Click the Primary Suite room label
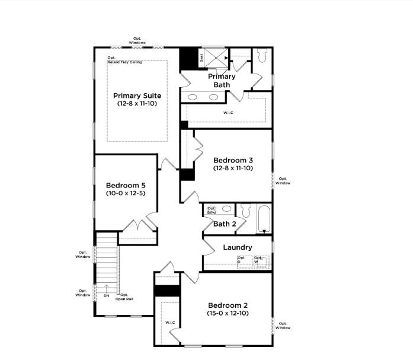[x=137, y=95]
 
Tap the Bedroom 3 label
[x=233, y=160]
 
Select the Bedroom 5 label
[x=126, y=186]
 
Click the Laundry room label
[x=237, y=247]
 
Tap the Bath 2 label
[x=225, y=224]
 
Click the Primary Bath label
[x=222, y=81]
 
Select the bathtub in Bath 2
[x=264, y=219]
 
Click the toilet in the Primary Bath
[x=263, y=55]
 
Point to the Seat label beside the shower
[x=201, y=58]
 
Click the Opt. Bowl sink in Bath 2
[x=212, y=209]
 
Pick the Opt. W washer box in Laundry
[x=261, y=262]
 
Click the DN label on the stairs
[x=107, y=295]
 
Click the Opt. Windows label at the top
[x=137, y=41]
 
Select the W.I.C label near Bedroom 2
[x=170, y=323]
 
